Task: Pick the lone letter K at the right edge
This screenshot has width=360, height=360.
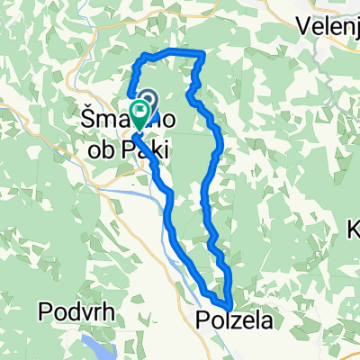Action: [353, 229]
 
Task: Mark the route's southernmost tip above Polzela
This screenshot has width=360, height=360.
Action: [230, 307]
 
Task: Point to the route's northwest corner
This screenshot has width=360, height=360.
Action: [141, 58]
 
